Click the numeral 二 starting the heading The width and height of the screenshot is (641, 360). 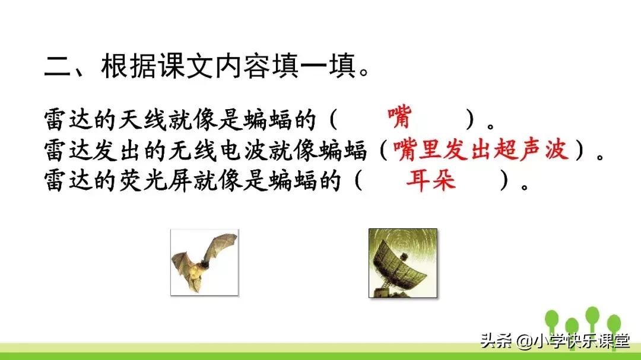coord(58,66)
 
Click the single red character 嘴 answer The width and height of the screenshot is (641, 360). coord(399,117)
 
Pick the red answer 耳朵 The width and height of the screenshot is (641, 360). coord(430,179)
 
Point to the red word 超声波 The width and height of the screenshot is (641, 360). coord(532,150)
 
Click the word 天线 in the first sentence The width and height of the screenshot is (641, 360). coord(158,120)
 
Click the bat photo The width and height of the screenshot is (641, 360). coord(204,262)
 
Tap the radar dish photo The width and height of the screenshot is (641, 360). coord(402,262)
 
